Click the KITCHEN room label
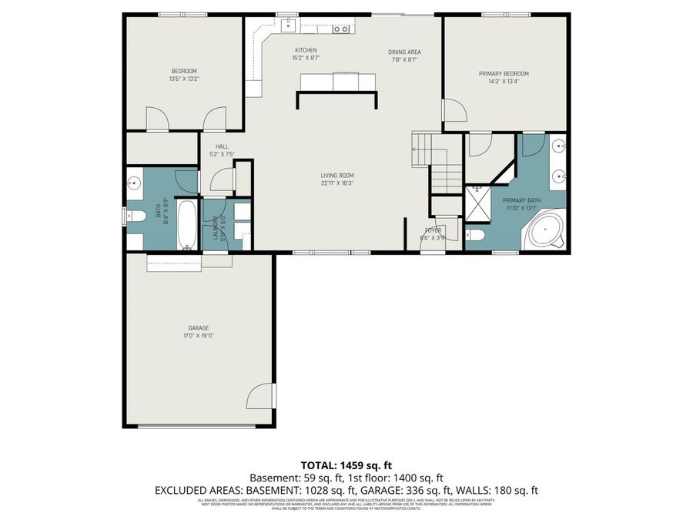[x=306, y=50]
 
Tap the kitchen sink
[x=290, y=24]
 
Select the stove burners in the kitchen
[x=341, y=29]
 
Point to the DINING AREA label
[x=404, y=52]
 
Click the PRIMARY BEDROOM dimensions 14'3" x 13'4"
[x=504, y=82]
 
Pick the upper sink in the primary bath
[x=557, y=145]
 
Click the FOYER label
[x=433, y=230]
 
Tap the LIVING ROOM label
[x=337, y=176]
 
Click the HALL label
[x=222, y=146]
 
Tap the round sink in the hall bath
[x=133, y=183]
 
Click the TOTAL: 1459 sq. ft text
[x=346, y=465]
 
